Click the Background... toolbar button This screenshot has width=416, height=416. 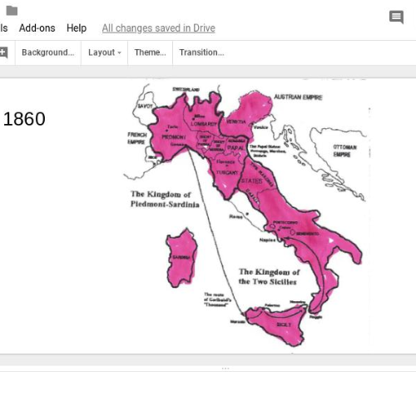47,52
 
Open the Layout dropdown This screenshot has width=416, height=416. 105,52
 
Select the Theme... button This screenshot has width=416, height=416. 151,52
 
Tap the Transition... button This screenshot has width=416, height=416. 201,52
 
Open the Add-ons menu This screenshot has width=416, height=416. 37,28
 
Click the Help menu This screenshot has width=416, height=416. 77,28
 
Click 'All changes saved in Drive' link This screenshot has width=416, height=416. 158,28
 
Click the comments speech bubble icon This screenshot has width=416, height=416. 397,17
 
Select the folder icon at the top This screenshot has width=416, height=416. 12,10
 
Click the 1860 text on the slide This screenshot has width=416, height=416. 25,119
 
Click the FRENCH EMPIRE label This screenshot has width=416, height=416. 136,138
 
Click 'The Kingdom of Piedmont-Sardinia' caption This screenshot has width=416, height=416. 164,199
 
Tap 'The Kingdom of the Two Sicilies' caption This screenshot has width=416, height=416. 269,276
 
